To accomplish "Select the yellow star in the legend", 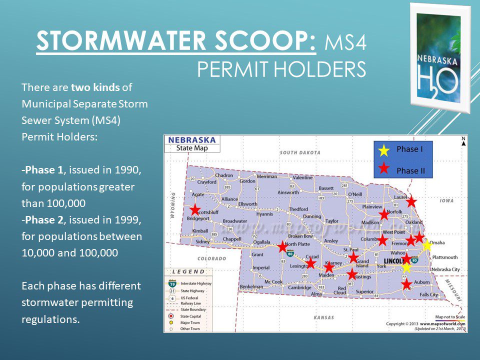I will tap(383, 150).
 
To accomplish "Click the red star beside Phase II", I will tap(383, 168).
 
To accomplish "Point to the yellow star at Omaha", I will tap(426, 245).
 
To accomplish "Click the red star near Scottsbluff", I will tap(195, 210).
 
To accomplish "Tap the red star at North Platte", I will tap(282, 246).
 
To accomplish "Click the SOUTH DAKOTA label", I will tap(300, 152).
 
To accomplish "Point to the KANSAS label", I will tap(323, 317).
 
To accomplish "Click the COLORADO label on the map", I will tap(212, 259).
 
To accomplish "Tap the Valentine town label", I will tap(302, 177).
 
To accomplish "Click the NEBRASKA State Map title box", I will tap(192, 143).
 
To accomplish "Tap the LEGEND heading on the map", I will tap(189, 271).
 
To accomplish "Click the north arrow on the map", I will tap(463, 141).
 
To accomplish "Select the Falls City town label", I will tap(428, 295).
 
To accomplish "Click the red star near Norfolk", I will tap(383, 214).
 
